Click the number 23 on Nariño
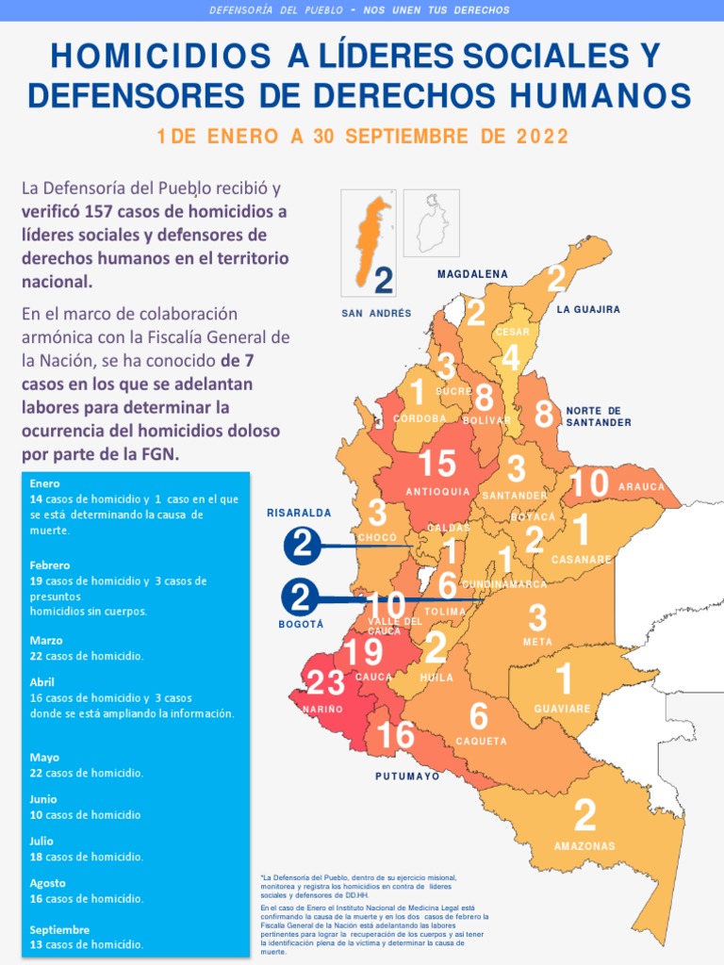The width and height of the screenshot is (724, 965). [x=325, y=682]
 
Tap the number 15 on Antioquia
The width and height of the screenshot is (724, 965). [x=437, y=464]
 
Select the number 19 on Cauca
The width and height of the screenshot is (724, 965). [x=363, y=653]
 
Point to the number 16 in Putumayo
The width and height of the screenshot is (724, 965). [x=396, y=734]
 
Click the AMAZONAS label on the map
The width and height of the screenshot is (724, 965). [x=584, y=846]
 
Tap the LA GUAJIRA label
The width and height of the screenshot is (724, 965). [x=588, y=309]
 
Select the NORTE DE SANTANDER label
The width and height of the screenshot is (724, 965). [x=599, y=417]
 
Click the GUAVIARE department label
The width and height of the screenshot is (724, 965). [x=562, y=709]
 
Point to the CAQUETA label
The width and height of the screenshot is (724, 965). [x=482, y=742]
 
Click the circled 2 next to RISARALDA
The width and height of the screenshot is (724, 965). [x=302, y=545]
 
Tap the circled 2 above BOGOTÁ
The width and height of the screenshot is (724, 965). [x=300, y=597]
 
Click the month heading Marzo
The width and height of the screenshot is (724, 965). [x=46, y=640]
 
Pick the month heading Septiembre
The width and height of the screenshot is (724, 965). [x=60, y=929]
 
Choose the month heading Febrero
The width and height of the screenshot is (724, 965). [x=49, y=564]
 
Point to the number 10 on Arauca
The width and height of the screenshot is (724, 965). [x=589, y=483]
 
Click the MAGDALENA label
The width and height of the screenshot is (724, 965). [x=472, y=274]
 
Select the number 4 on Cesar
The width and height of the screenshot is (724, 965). [x=511, y=358]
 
